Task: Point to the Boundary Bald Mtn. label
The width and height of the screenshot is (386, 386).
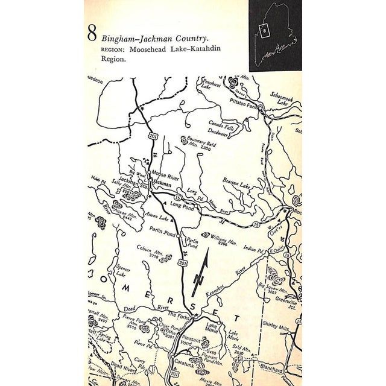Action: click(x=197, y=142)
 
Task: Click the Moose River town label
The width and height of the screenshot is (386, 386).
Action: click(x=165, y=174)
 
